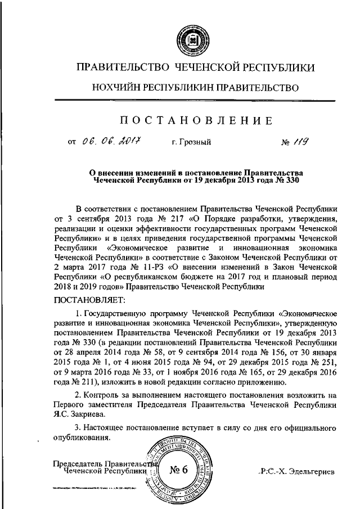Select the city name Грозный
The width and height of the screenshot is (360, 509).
point(191,143)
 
